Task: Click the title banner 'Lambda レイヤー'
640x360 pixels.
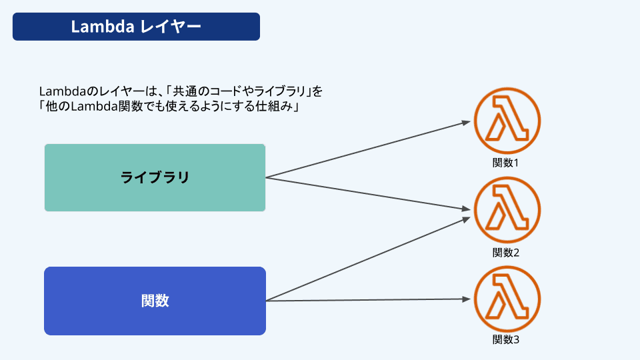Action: point(136,27)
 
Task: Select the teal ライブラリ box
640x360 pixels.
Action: point(155,177)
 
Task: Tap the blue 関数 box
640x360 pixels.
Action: point(155,301)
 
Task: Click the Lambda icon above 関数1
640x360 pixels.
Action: point(507,121)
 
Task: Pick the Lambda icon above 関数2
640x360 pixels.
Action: point(507,210)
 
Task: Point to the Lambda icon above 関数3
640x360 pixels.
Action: point(507,299)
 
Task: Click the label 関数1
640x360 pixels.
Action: point(505,163)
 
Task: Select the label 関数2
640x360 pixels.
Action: point(506,253)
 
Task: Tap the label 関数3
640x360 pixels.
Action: point(506,339)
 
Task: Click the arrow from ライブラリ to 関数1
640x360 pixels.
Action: point(368,149)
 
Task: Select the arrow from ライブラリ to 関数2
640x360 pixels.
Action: point(368,193)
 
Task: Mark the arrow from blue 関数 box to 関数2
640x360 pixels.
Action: point(368,259)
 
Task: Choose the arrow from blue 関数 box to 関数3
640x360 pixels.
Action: point(368,300)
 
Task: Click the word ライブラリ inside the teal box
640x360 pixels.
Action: point(155,177)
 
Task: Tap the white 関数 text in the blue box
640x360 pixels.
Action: point(155,301)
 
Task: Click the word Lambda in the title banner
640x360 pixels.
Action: point(103,27)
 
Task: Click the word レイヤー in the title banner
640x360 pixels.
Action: point(171,27)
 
